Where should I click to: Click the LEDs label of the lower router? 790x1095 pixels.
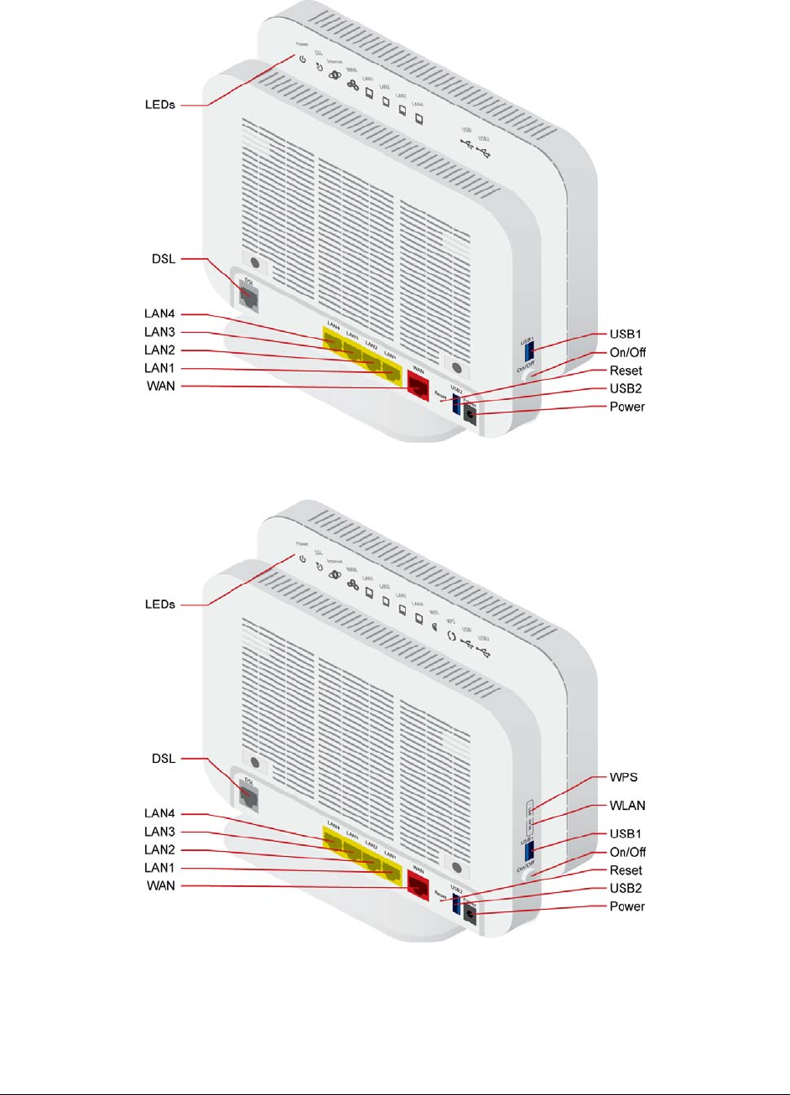(158, 605)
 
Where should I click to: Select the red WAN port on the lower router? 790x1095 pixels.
(418, 883)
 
